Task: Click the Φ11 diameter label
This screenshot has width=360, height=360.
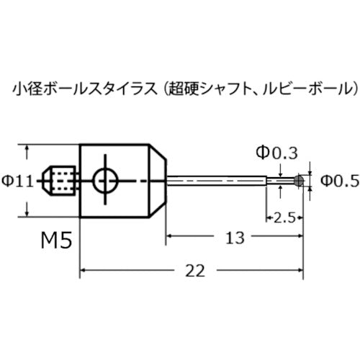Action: [17, 181]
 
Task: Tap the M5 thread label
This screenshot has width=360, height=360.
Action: [56, 240]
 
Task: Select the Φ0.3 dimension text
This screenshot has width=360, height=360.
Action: [277, 153]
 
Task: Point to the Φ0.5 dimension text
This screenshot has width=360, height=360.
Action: [340, 181]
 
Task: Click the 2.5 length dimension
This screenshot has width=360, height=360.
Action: [284, 217]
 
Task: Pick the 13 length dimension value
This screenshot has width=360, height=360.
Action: [235, 238]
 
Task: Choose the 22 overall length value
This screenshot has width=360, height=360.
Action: [195, 271]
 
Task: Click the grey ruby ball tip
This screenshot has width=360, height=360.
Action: [299, 181]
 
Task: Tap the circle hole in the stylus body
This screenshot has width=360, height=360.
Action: [105, 181]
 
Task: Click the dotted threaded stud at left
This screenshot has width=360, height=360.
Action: [59, 181]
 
